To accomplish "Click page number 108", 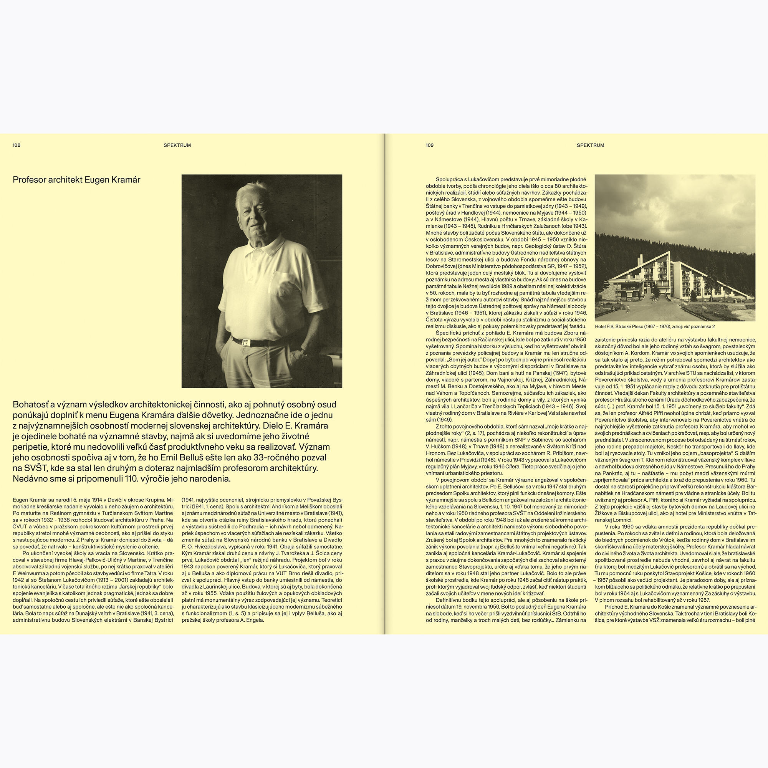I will click(x=16, y=146).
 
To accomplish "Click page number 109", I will click(x=429, y=146).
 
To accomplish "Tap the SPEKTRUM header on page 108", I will click(x=177, y=146).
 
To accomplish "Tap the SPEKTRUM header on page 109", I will click(x=590, y=146).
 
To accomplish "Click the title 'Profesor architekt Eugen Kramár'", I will click(x=76, y=180).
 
